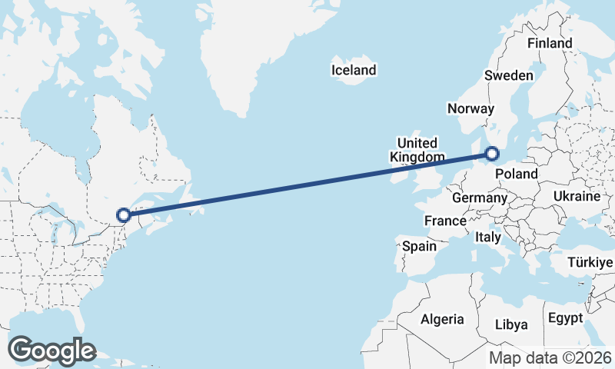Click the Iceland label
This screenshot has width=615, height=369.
point(354,70)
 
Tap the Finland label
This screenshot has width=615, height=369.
point(550,43)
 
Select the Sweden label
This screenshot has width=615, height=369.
point(508,75)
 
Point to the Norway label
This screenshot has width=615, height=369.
point(470,108)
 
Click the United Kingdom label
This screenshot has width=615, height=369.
point(417,150)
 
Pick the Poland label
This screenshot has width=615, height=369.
point(516,175)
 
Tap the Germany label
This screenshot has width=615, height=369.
point(479,198)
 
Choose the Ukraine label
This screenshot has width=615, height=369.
point(576,197)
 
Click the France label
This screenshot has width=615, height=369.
point(445,221)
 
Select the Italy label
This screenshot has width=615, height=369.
point(488,236)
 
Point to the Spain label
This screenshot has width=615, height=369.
point(419,247)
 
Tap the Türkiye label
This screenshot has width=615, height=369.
point(590,263)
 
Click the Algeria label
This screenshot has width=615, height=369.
point(442,319)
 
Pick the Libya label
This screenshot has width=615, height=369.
point(511,324)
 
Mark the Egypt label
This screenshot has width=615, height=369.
point(565,317)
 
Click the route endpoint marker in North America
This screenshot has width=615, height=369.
point(123,216)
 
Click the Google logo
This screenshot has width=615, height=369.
point(52,351)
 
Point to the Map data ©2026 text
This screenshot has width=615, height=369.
point(550,357)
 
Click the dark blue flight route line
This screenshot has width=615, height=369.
point(307,184)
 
